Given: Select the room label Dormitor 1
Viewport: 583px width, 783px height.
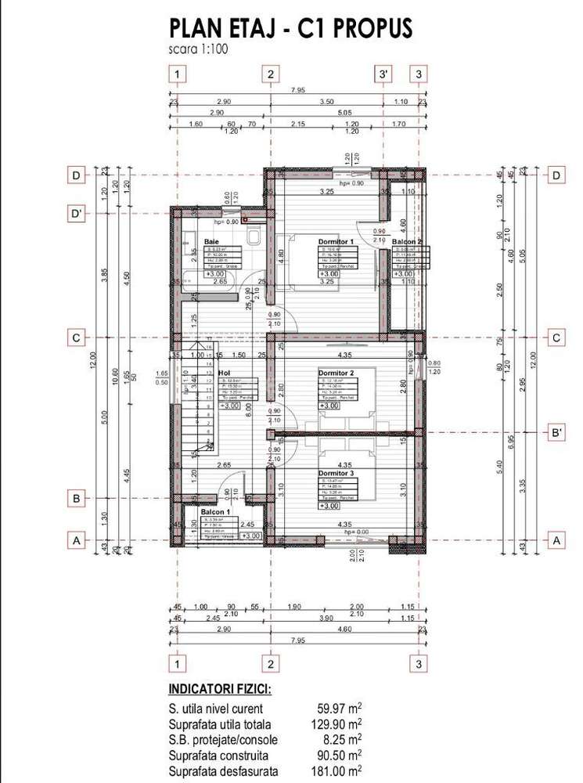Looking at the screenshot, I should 336,241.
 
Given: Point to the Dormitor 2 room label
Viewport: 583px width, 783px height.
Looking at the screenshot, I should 336,373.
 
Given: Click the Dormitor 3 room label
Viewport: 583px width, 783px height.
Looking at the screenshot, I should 336,473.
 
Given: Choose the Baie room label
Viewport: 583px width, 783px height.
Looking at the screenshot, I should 211,242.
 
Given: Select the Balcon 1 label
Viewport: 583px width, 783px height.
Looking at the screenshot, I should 217,511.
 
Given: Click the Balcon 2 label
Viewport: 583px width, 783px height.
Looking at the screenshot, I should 407,243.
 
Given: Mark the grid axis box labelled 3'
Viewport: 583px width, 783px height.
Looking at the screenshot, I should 383,74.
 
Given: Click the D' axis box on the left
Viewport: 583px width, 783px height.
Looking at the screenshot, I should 76,214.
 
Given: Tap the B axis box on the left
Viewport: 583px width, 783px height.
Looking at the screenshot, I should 76,498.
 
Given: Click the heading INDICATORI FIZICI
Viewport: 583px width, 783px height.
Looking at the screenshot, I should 221,691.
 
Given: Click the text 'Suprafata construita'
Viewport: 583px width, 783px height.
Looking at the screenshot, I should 218,756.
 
